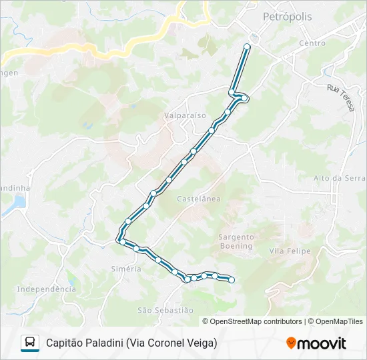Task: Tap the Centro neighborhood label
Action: coord(312,43)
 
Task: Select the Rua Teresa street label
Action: coord(341,97)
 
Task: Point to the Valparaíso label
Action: coord(185,115)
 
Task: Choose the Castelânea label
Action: coord(198,199)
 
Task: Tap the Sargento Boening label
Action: coord(236,241)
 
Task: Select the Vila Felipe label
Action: coord(286,251)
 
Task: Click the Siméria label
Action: coord(125,269)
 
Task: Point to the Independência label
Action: coord(46,289)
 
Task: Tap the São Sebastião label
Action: coord(165,310)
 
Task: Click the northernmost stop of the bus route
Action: coord(247,46)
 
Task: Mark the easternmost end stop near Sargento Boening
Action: coord(232,281)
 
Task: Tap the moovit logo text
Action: coord(322,343)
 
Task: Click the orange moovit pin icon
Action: coord(291,343)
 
